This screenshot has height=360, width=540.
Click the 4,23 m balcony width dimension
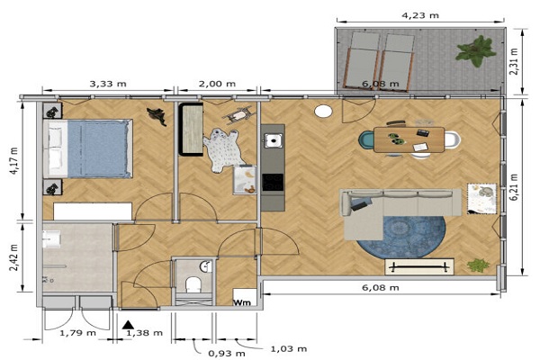420,15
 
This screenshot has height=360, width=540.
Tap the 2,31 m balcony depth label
514,62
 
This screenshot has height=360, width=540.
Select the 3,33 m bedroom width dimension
108,84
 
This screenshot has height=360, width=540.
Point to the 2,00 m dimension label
217,84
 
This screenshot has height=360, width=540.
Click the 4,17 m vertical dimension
14,160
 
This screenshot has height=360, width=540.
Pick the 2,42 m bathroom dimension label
14,257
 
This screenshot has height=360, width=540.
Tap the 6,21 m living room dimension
515,187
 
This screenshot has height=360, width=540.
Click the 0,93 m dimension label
227,354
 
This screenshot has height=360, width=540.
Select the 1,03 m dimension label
289,349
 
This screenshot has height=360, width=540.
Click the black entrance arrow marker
128,325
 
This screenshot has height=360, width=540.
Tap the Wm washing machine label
242,302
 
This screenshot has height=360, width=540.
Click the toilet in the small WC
193,284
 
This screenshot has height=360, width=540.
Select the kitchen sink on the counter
274,140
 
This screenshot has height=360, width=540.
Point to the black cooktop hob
273,182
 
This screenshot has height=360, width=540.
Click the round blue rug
401,238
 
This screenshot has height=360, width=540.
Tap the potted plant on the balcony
476,50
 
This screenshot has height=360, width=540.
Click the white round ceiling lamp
323,112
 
